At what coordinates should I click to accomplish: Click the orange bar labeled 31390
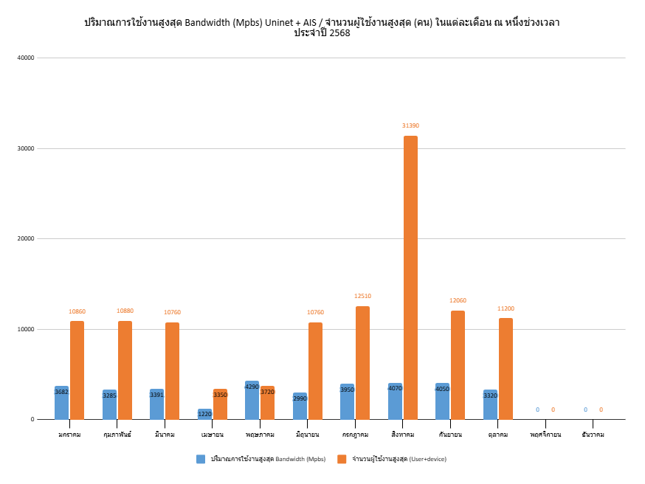[410, 277]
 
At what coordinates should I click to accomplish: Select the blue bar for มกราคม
[61, 403]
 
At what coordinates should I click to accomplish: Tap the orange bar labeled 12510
[362, 362]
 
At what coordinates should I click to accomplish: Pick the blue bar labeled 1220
[204, 414]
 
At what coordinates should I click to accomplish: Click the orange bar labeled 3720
[267, 403]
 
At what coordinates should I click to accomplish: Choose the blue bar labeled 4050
[442, 401]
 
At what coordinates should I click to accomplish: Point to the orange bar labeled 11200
[506, 368]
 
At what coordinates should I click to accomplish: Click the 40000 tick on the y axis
[27, 58]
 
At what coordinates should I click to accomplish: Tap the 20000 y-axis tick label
[27, 238]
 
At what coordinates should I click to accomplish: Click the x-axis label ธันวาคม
[593, 435]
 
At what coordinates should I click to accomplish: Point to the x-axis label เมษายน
[213, 435]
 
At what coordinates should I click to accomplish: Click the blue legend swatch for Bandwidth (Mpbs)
[201, 459]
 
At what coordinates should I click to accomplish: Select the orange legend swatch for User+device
[342, 459]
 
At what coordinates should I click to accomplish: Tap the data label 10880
[125, 311]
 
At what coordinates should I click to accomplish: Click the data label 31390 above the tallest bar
[410, 125]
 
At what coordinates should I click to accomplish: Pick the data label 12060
[458, 300]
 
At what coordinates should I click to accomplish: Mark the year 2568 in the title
[339, 33]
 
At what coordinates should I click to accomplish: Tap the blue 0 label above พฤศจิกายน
[537, 409]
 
